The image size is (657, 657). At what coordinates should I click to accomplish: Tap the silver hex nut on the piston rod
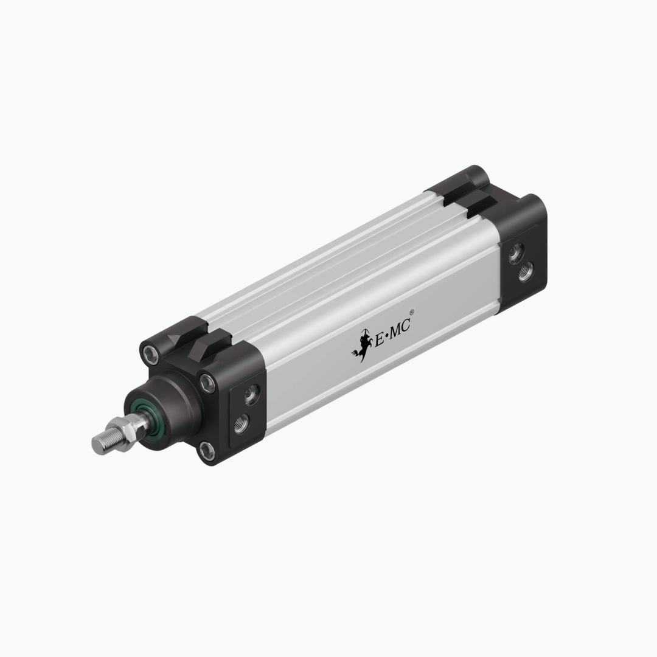click(125, 431)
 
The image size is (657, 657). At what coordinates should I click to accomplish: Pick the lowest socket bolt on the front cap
click(207, 451)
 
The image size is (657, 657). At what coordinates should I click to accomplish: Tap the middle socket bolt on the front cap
click(208, 383)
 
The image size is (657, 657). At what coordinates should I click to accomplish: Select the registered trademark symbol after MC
click(412, 313)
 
